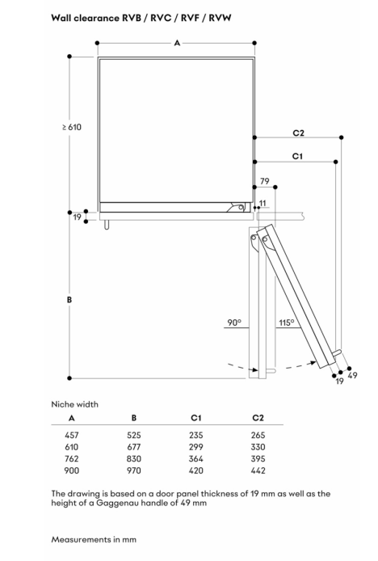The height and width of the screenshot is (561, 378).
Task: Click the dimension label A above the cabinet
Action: pos(177,44)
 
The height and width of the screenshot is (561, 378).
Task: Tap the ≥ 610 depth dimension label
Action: pos(72,127)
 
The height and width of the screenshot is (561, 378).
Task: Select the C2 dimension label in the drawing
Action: pos(298,133)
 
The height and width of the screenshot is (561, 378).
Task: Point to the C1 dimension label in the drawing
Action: pos(297,156)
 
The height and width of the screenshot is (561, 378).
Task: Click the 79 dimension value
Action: pos(265,181)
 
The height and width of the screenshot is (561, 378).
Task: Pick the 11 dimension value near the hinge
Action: pos(262,203)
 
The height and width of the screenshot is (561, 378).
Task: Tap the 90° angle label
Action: pos(234,323)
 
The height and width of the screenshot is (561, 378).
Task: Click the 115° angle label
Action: pos(287,323)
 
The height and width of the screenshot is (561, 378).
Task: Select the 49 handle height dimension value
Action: pos(352,375)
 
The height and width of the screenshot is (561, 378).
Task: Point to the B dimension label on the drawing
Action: pos(69,299)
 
